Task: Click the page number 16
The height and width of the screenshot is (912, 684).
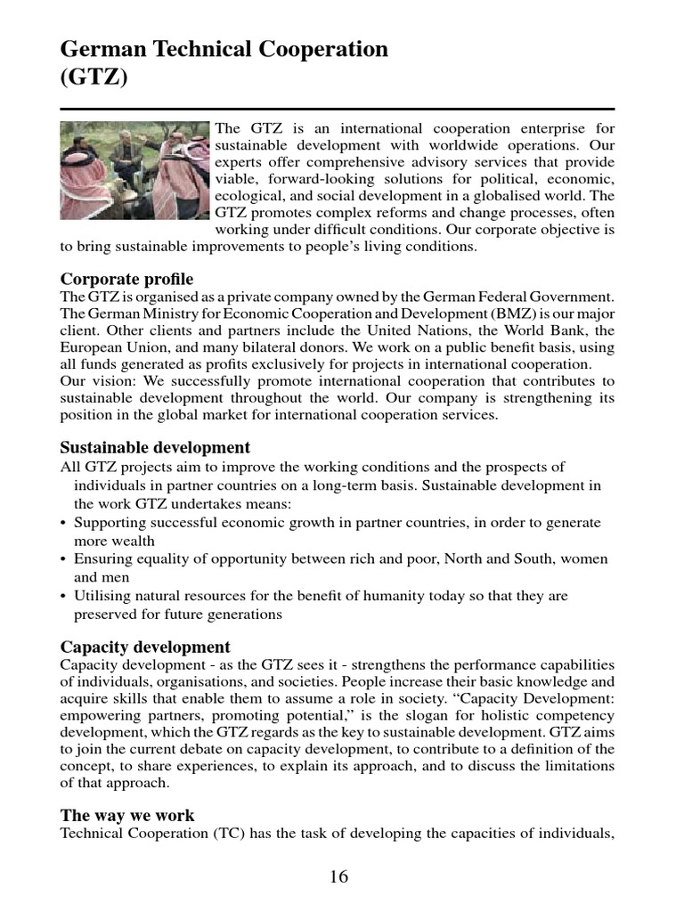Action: coord(338,877)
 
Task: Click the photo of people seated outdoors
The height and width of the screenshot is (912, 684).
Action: coord(135,171)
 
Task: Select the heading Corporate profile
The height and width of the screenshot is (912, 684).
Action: coord(126,279)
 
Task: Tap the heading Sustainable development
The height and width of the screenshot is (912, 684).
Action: coord(155,447)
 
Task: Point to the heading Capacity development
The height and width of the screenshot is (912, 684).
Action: coord(145,647)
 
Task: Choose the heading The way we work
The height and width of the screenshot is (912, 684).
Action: coord(127,815)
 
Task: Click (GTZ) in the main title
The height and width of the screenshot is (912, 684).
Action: coord(94,78)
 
